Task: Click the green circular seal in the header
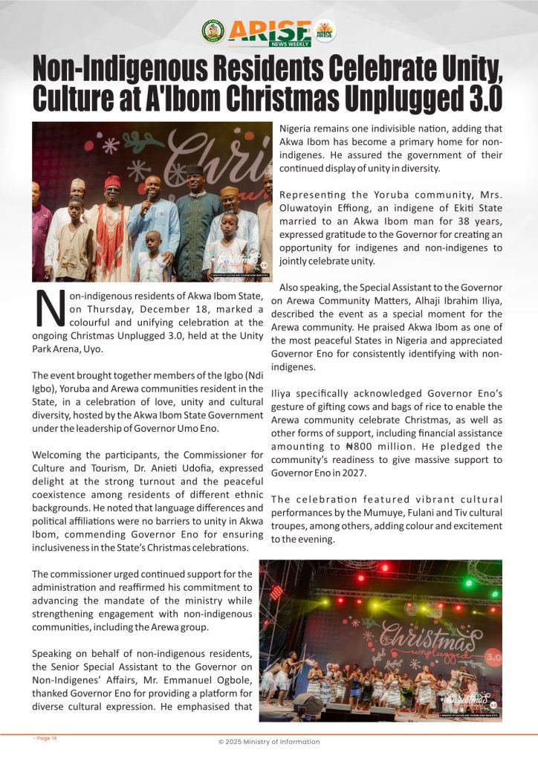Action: [213, 31]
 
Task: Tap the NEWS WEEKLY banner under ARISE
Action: [269, 44]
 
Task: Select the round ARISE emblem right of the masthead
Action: [325, 31]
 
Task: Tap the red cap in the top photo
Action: [111, 182]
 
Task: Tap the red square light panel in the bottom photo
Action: [276, 592]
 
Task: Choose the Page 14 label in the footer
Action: [46, 738]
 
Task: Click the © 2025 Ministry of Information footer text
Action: [268, 742]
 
